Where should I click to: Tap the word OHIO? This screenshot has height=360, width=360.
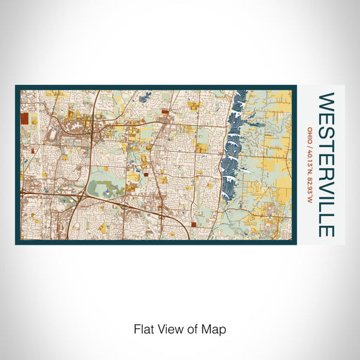310,134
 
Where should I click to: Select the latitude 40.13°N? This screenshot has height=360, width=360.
310,158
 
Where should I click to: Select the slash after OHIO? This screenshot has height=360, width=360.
310,144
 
